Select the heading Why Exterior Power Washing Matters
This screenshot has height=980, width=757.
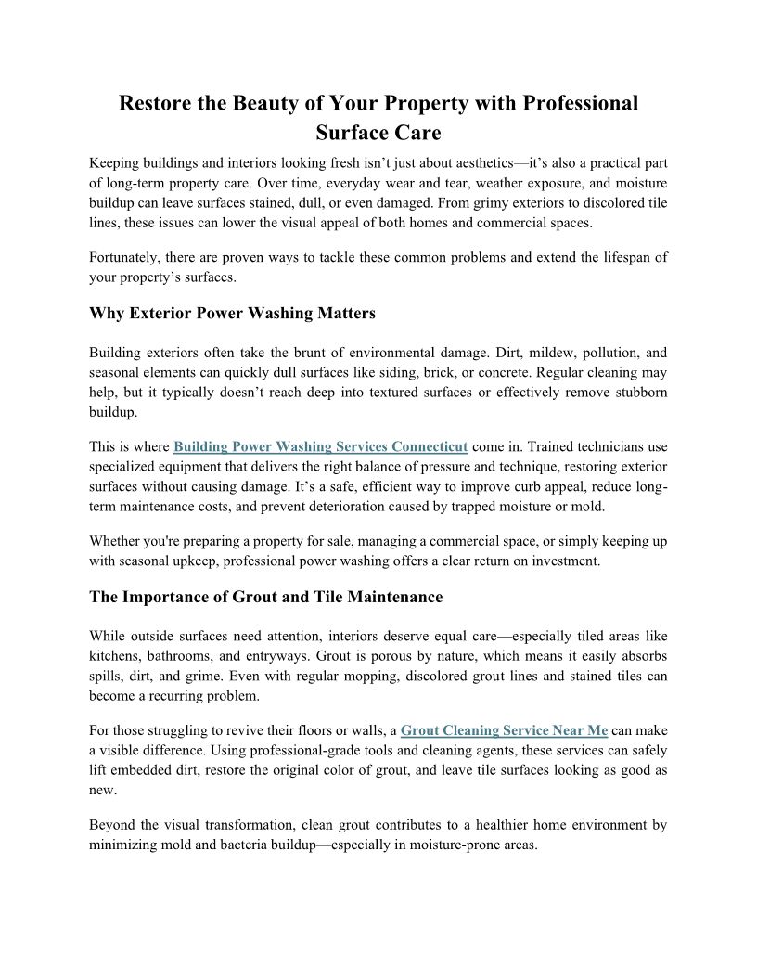[232, 313]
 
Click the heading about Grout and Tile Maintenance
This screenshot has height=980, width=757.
[265, 597]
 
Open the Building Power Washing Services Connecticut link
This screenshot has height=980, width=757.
[320, 446]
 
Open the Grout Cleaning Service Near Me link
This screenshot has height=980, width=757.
[504, 730]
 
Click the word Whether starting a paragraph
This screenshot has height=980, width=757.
[117, 540]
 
